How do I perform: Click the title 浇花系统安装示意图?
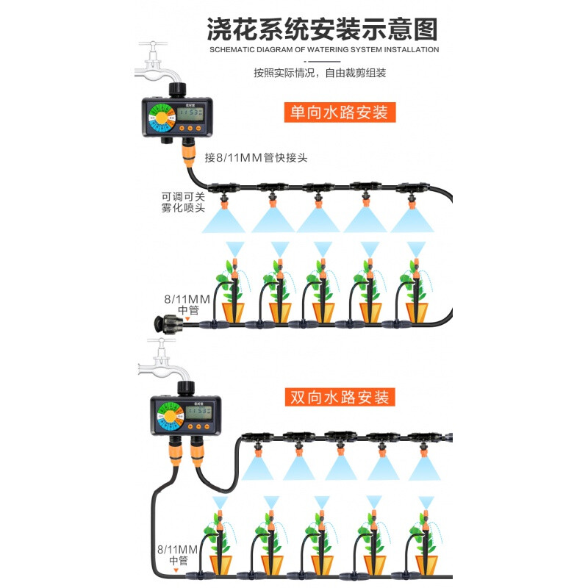pyautogui.click(x=323, y=29)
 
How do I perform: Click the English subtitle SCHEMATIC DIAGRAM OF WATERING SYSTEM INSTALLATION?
pyautogui.click(x=323, y=50)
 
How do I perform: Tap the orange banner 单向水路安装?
pyautogui.click(x=340, y=113)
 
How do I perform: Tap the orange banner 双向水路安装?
pyautogui.click(x=340, y=398)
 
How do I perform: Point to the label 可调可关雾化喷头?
pyautogui.click(x=183, y=202)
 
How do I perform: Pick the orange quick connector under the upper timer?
pyautogui.click(x=189, y=154)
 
